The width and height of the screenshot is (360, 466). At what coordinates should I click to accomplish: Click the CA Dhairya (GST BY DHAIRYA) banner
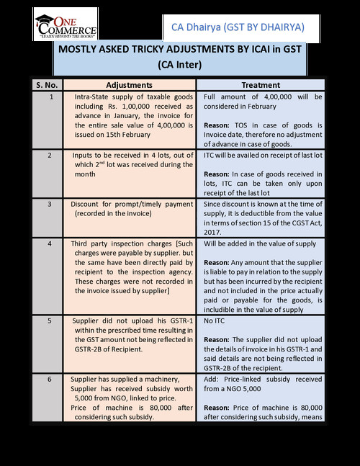tap(238, 27)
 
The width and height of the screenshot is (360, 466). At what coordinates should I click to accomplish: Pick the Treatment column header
tap(261, 84)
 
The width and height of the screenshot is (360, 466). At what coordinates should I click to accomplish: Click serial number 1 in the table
tap(48, 97)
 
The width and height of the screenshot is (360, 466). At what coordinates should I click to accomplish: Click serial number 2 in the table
tap(48, 155)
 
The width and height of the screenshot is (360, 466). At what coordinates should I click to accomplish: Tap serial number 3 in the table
tap(48, 203)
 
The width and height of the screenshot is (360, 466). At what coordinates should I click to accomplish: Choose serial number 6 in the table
tap(48, 377)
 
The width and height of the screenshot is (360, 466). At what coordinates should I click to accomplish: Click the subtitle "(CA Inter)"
tap(181, 64)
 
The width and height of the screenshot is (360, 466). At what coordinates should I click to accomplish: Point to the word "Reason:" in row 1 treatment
tap(220, 125)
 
